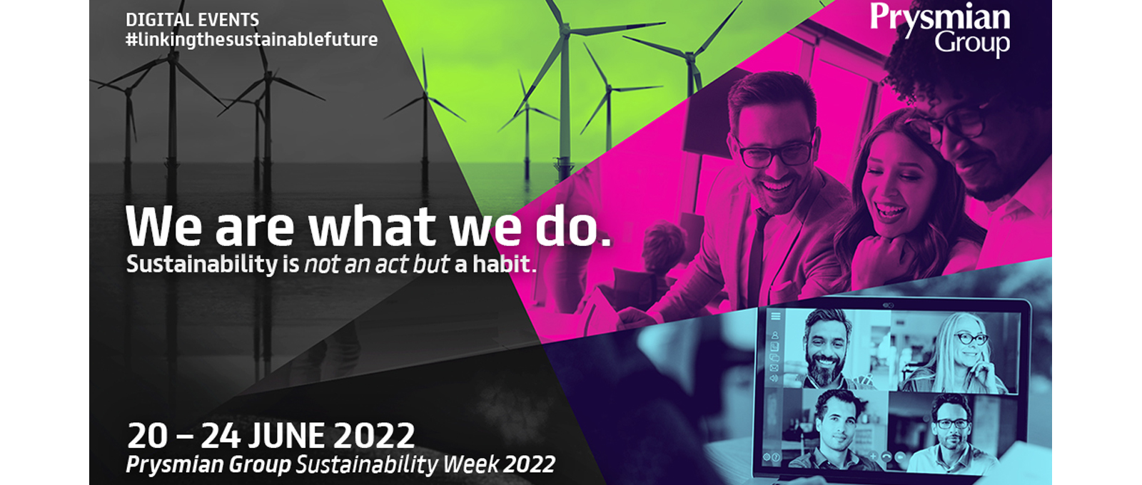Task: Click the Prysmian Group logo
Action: (x=939, y=29)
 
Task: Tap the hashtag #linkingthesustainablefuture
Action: (x=252, y=40)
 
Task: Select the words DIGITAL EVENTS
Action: (x=192, y=20)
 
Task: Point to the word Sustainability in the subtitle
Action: (x=201, y=265)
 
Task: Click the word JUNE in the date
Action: (x=287, y=436)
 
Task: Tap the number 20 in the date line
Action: (x=147, y=436)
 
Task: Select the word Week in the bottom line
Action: (x=470, y=464)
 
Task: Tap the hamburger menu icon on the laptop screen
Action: (x=775, y=317)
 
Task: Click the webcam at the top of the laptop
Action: (x=888, y=305)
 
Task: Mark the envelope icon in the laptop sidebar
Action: (x=774, y=368)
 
